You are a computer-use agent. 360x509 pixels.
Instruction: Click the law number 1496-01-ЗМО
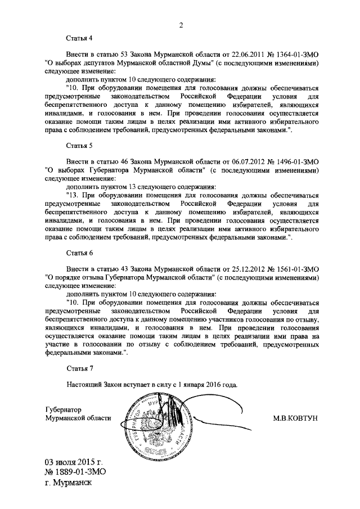[294, 162]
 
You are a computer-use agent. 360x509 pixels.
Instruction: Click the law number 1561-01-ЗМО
[294, 269]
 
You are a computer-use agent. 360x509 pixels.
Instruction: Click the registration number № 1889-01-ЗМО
[76, 472]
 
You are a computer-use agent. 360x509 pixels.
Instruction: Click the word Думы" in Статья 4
[188, 64]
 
